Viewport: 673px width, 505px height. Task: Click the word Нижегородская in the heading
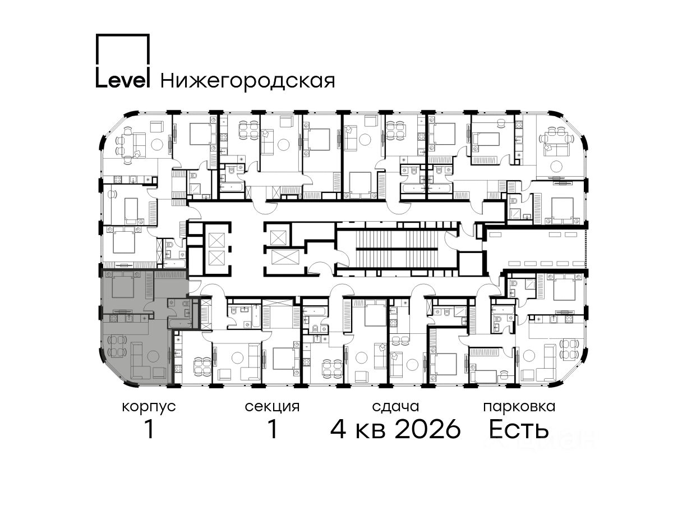pos(248,81)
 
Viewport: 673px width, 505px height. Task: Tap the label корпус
pos(149,407)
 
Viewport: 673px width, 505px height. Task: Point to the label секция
pos(272,407)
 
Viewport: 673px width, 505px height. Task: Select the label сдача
pos(395,407)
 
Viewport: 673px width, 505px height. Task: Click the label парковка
pos(519,407)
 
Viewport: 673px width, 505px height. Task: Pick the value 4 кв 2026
pos(395,429)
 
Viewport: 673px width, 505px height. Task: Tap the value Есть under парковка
pos(519,429)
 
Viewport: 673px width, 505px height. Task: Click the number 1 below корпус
pos(149,429)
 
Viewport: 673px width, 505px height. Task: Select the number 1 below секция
pos(272,429)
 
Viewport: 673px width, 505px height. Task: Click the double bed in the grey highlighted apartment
pos(123,284)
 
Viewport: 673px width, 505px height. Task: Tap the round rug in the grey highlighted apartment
pos(153,356)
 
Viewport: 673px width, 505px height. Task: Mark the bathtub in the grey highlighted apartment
pos(179,323)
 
